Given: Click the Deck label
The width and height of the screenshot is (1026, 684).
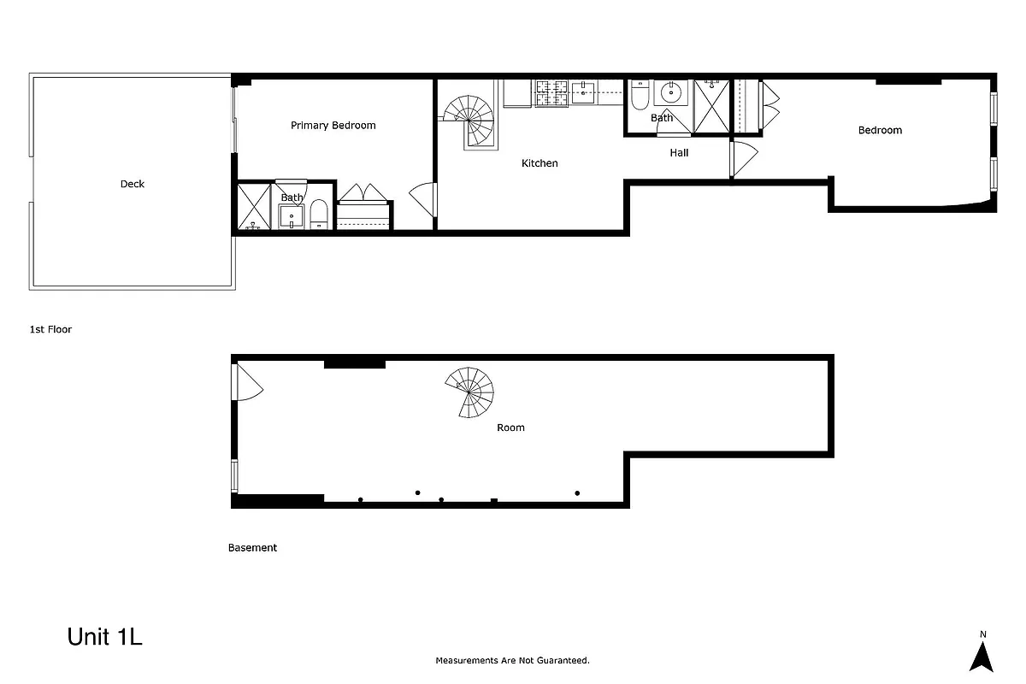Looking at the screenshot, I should [133, 184].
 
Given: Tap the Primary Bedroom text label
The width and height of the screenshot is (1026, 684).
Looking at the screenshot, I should [333, 126].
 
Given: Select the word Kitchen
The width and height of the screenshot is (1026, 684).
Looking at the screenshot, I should [540, 163].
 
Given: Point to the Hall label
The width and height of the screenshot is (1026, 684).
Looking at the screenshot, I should [679, 153].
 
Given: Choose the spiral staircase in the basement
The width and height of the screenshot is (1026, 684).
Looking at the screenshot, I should [471, 392].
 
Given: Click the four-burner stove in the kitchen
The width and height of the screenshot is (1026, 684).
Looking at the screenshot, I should [552, 92].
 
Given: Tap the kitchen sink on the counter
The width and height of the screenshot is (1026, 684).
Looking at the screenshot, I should [583, 92].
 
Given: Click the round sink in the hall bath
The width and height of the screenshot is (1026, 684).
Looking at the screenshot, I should [672, 92].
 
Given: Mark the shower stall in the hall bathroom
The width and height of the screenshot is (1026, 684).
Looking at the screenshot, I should [711, 107].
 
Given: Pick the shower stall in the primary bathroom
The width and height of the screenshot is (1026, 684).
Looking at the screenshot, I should [253, 206].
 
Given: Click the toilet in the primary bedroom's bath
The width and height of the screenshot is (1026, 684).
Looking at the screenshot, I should [318, 215].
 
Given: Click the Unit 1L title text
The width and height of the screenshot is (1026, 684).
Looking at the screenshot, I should [104, 638].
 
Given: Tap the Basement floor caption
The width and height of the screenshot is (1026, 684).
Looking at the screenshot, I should [252, 548].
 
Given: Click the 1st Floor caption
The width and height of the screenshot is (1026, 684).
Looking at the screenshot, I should [50, 329].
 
